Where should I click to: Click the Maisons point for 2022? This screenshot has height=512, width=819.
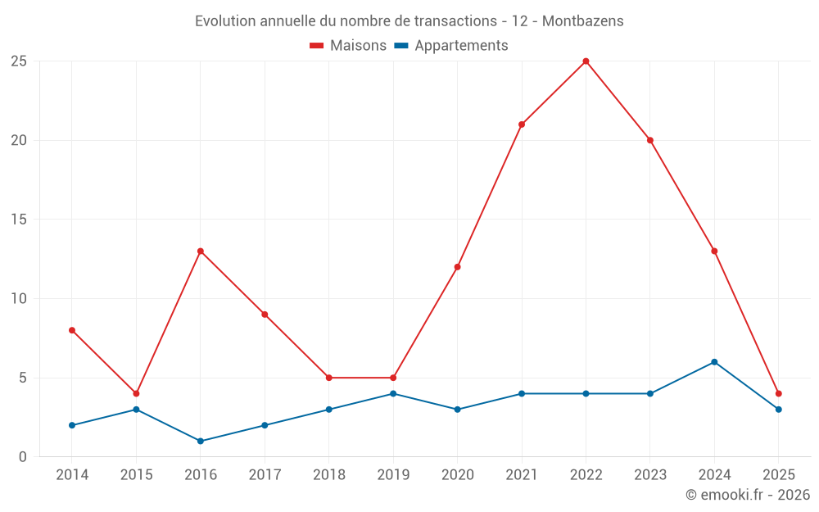coord(586,61)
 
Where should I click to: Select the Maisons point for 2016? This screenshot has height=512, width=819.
coord(201,251)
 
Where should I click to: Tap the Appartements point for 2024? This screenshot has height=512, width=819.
coord(714,362)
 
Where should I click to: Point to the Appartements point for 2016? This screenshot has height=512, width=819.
coord(201,442)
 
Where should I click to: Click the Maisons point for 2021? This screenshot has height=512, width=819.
coord(522,125)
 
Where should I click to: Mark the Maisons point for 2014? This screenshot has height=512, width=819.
coord(72,330)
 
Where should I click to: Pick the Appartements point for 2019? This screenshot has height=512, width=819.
coord(393,394)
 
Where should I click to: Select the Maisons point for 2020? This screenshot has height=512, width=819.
coord(457,267)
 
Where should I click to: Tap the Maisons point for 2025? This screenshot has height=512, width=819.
coord(778,394)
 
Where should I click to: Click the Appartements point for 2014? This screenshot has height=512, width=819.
coord(72,425)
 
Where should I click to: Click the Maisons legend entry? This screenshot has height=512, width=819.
coord(348,46)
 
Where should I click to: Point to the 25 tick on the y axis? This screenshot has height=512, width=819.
coord(19,61)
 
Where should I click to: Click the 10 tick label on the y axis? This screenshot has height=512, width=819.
coord(19,299)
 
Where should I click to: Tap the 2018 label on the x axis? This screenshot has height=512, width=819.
coord(328,475)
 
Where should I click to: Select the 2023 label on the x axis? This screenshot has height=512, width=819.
coord(649,475)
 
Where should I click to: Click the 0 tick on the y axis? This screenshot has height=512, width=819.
coord(23,457)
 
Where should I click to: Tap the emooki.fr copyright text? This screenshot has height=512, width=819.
coord(748,495)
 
